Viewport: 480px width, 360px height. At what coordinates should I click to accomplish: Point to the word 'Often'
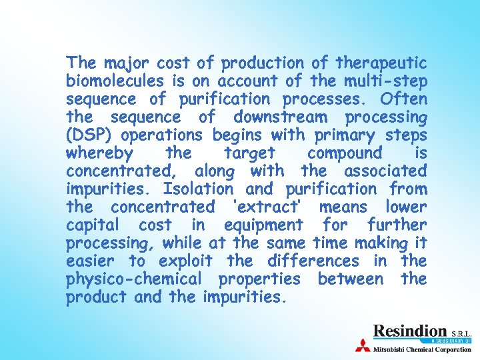click(404, 99)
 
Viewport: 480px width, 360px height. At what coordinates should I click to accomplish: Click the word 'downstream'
click(280, 117)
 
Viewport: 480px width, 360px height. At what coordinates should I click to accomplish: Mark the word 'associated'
click(387, 172)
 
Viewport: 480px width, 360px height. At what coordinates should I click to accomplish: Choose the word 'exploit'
click(188, 261)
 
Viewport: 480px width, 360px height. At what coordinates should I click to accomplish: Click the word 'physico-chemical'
click(135, 279)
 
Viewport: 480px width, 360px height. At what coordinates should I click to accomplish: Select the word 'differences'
click(313, 261)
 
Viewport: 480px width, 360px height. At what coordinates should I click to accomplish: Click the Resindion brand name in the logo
click(409, 331)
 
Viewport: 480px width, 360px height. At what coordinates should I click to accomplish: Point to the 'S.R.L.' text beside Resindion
click(461, 333)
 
